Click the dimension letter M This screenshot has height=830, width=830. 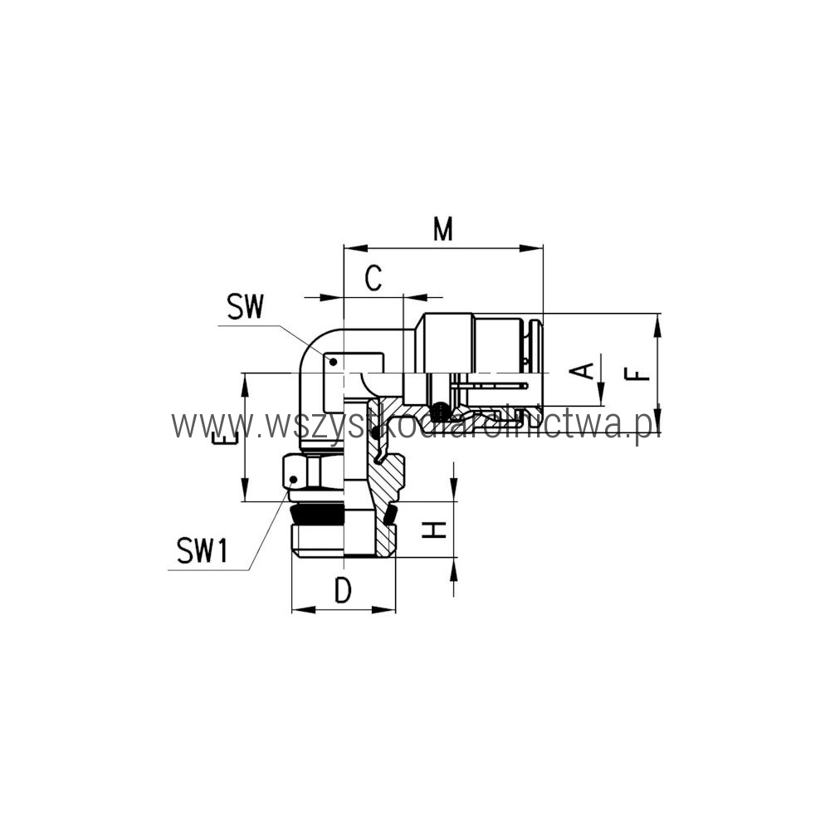(x=443, y=229)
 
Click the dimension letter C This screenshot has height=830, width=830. (x=373, y=278)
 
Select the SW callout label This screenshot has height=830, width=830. (x=245, y=307)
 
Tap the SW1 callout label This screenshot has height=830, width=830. (x=203, y=550)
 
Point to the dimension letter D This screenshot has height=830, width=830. (x=343, y=590)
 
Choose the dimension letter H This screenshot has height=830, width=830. (x=435, y=530)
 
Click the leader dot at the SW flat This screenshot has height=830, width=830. (x=334, y=362)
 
